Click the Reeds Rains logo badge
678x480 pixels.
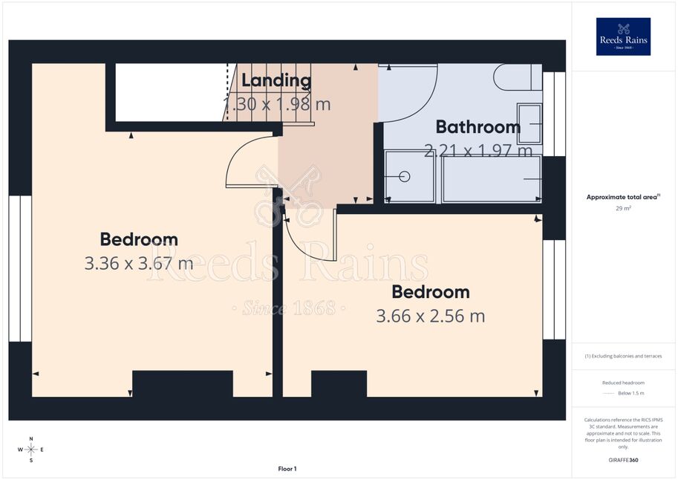coord(623,37)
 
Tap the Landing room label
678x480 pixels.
coord(276,80)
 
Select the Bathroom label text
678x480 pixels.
coord(478,127)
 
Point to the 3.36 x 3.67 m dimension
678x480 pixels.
coord(139,263)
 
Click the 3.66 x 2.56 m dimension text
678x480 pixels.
coord(430,316)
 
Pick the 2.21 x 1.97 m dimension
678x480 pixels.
coord(478,151)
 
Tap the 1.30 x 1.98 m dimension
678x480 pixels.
coord(277,104)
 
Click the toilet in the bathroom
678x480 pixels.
coord(518,77)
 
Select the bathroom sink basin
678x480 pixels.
coord(529,124)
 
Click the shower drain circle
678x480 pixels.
coord(405,177)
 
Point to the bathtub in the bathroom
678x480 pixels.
coord(492,179)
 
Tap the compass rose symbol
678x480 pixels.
coord(31,450)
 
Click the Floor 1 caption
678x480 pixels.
coord(287,469)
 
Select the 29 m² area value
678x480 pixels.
coord(623,208)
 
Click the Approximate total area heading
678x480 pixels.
coord(622,197)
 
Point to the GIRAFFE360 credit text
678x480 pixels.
coord(623,460)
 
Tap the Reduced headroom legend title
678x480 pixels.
coord(623,383)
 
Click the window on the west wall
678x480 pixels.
coord(20,269)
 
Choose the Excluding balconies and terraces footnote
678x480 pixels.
coord(623,356)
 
